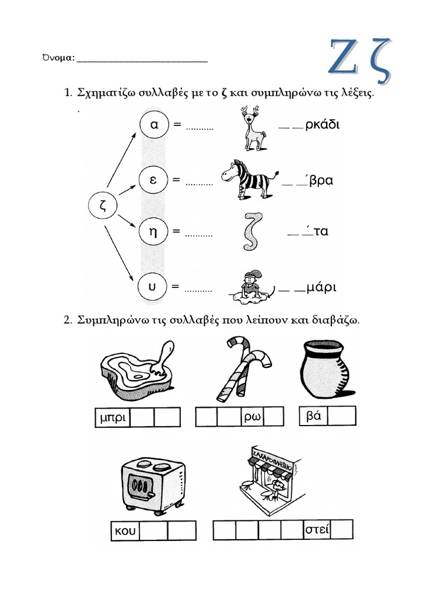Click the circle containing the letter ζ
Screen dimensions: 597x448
coord(103,206)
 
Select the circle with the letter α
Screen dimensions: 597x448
coord(154,125)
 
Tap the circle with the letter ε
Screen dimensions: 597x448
coord(154,180)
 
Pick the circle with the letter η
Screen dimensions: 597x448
coord(154,231)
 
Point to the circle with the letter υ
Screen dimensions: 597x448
coord(153,287)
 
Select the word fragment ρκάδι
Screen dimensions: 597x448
coord(322,125)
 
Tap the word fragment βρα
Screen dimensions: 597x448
coord(321,181)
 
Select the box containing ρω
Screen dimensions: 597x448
coord(251,417)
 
